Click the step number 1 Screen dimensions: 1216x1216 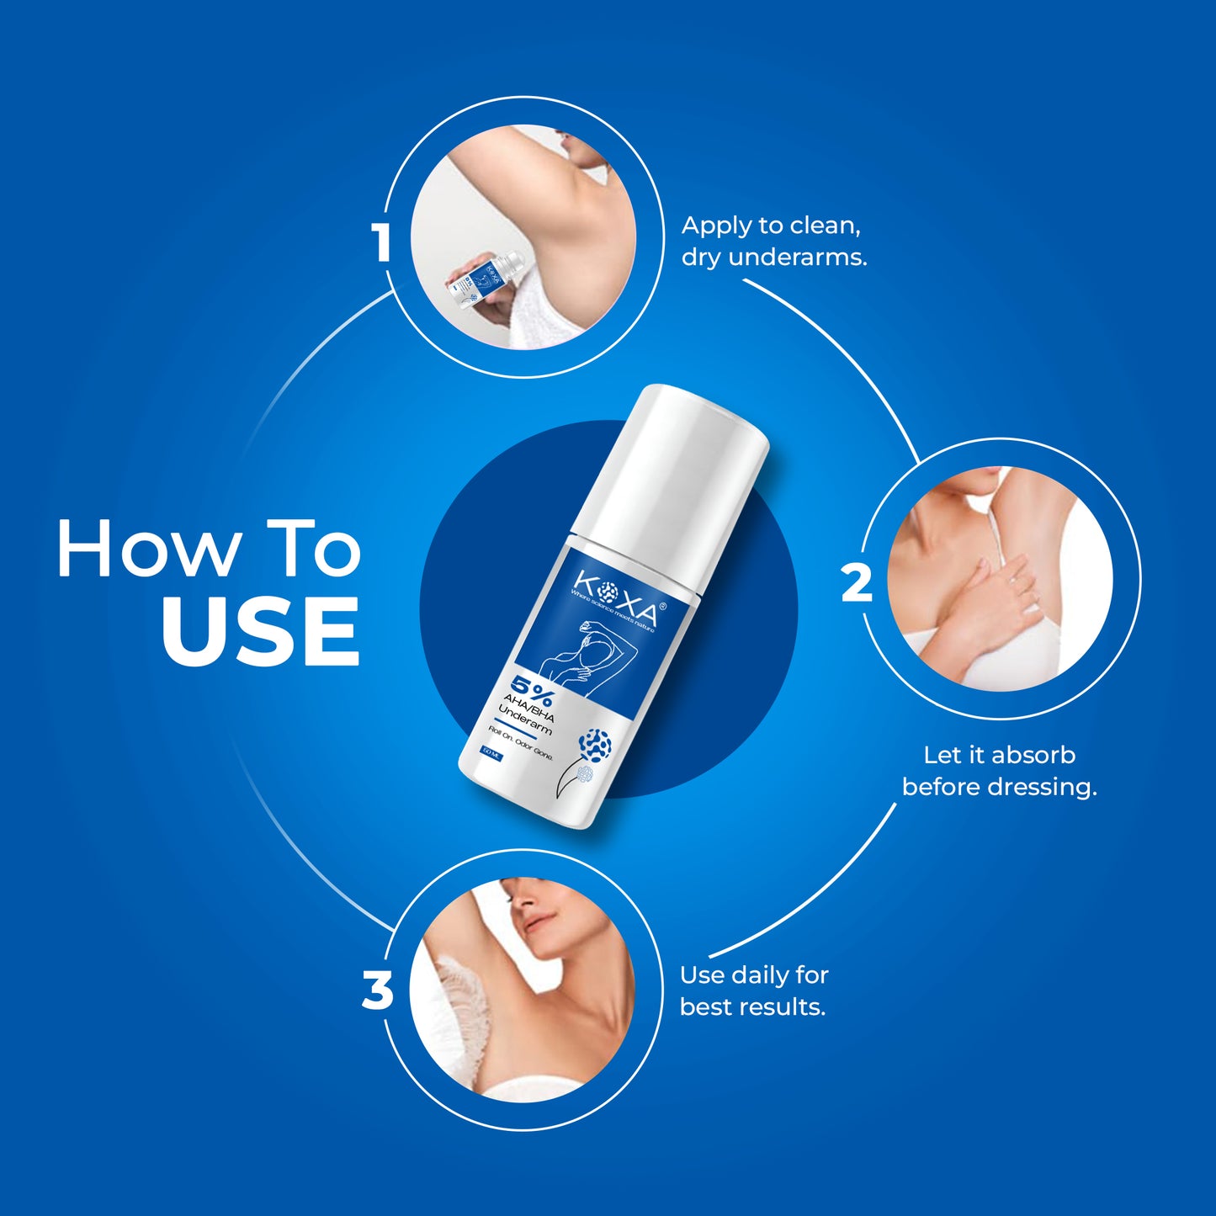(x=383, y=243)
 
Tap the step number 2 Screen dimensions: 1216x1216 (x=857, y=583)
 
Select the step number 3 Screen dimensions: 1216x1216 (x=377, y=990)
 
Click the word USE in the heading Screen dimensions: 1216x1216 (x=260, y=631)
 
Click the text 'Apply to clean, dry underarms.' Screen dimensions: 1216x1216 (x=773, y=241)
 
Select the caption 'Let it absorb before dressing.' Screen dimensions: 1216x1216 (x=999, y=771)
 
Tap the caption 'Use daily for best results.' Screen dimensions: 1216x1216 (x=754, y=990)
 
